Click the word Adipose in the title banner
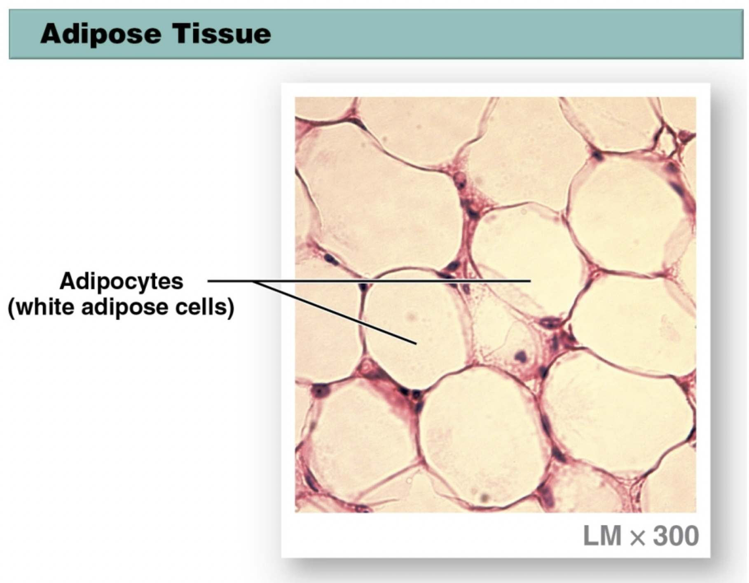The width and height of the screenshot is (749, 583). tap(101, 34)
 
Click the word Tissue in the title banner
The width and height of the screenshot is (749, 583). tap(222, 33)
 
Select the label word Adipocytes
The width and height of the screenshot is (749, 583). tap(121, 282)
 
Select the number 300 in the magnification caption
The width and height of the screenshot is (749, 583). tap(676, 536)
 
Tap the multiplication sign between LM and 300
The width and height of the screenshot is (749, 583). tap(637, 537)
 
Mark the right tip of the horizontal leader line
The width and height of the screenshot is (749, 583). tap(530, 281)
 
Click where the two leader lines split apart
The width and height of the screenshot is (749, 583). tap(253, 282)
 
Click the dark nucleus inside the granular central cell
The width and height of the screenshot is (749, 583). tap(522, 356)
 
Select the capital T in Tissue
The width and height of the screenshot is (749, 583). tap(181, 33)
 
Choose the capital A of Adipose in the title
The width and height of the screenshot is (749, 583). tap(51, 34)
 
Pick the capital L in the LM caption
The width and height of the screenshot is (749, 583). tap(590, 536)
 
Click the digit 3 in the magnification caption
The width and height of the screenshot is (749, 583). tap(660, 536)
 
